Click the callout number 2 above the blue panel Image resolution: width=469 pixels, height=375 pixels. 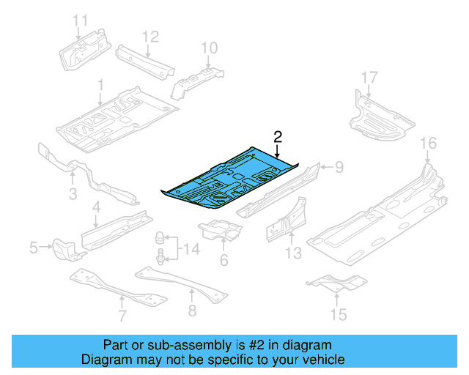click(278, 135)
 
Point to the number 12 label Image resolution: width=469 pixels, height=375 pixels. click(149, 36)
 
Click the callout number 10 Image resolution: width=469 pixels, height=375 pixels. click(210, 48)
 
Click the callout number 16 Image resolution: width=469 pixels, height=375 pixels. click(427, 142)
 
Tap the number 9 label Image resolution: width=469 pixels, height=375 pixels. click(339, 168)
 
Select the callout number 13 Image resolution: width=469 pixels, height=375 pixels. click(293, 253)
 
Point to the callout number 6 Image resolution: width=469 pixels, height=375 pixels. click(224, 260)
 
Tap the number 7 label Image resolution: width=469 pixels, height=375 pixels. click(122, 316)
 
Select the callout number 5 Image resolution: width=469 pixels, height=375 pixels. click(34, 248)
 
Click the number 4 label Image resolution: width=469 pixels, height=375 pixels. click(96, 210)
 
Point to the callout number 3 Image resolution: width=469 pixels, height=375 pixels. click(73, 193)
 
